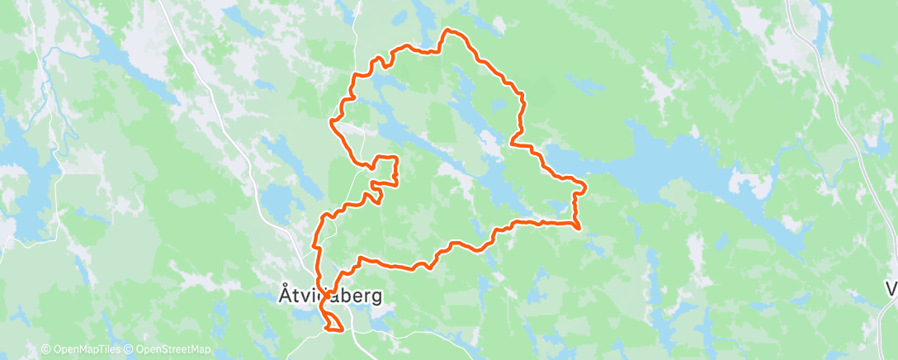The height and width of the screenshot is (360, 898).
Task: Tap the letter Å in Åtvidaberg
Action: [x=281, y=294]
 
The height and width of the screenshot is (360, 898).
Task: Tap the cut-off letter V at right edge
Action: [x=891, y=289]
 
